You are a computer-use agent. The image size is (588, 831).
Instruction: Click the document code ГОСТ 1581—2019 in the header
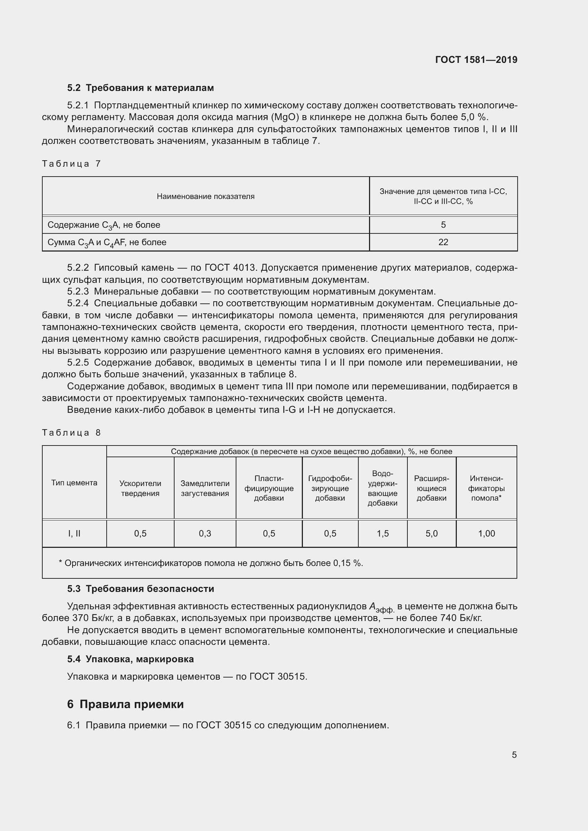point(476,60)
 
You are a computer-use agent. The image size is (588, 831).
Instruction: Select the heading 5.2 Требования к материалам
point(140,88)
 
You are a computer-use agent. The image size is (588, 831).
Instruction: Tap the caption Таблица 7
point(71,163)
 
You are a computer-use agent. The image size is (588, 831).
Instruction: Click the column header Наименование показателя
point(205,196)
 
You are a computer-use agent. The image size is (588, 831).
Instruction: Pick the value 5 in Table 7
point(443,225)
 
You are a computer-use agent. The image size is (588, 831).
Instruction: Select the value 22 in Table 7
point(443,242)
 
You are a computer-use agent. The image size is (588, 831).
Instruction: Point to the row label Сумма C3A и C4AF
point(107,243)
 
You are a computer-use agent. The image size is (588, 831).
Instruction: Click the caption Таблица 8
point(71,432)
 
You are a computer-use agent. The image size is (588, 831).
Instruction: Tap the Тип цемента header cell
point(74,482)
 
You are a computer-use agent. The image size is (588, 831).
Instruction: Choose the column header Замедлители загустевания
point(205,488)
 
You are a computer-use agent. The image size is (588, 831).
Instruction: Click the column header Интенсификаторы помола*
point(486,488)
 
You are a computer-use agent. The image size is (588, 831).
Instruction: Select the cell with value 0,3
point(205,534)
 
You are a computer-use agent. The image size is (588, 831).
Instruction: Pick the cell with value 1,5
point(383,534)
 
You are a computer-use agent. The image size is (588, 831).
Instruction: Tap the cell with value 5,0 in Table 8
point(432,534)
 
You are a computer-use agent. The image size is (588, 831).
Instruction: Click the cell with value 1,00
point(486,534)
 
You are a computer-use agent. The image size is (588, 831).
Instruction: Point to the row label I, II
point(74,534)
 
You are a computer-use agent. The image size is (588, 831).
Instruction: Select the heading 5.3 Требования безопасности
point(140,589)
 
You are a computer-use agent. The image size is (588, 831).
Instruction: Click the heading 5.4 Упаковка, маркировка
point(130,659)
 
